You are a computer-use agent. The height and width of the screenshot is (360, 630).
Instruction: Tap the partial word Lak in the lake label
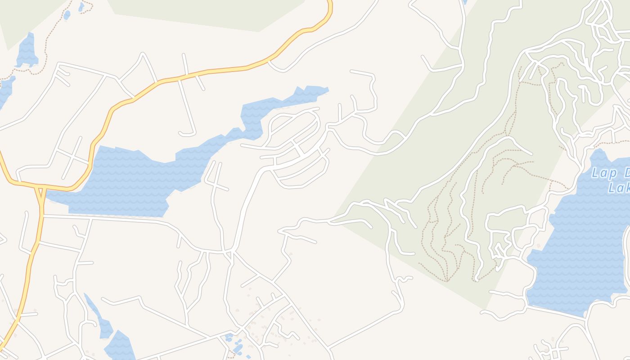(619, 187)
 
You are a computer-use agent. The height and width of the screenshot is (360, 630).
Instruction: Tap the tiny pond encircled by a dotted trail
(81, 6)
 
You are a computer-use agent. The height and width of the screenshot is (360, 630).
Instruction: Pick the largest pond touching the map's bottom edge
(119, 346)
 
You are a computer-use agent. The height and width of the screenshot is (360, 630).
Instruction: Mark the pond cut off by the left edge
(5, 90)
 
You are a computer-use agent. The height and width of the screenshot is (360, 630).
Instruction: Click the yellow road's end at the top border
(330, 2)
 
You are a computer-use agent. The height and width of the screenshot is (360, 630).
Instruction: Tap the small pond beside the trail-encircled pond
(67, 15)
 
